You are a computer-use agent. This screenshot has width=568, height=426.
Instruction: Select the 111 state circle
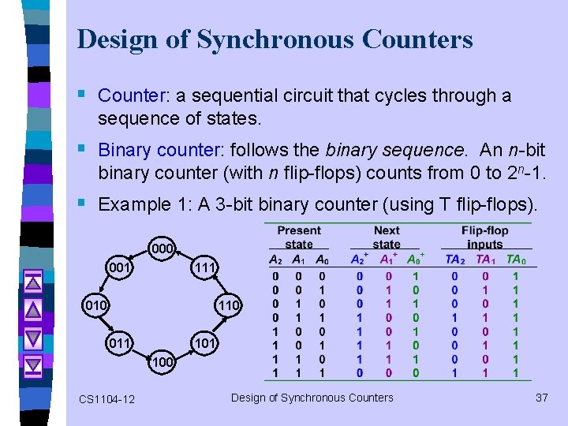(x=204, y=268)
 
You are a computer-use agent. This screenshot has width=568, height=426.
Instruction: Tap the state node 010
(x=99, y=305)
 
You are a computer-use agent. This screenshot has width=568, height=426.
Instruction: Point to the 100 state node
(x=162, y=361)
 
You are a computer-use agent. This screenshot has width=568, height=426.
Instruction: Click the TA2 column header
(x=455, y=259)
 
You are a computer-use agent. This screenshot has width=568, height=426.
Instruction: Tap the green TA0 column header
(x=516, y=259)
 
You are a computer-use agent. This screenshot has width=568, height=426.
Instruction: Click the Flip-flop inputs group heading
(x=485, y=237)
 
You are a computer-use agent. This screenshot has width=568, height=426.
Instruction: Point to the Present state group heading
(x=300, y=237)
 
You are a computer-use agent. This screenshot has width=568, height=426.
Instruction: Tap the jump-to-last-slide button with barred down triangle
(x=33, y=365)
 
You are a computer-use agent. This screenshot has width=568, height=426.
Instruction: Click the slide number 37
(x=541, y=398)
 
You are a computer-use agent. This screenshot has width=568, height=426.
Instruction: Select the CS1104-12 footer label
(x=106, y=399)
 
